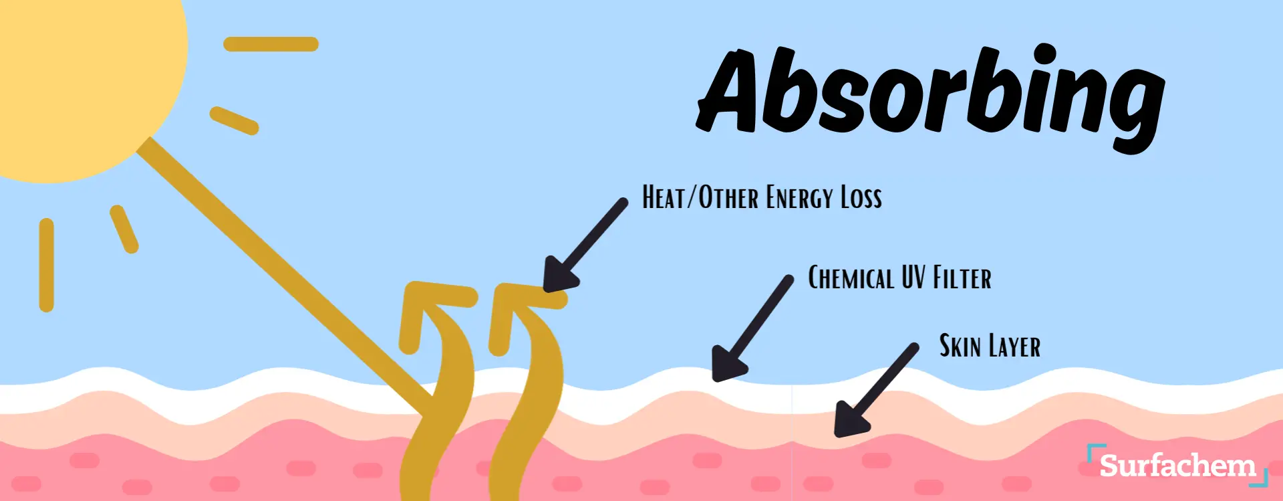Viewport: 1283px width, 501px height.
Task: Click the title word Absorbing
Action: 930,97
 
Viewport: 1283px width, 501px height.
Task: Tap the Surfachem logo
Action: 1177,466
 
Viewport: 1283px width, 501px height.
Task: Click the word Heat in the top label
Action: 666,198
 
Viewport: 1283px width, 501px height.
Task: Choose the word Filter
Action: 962,278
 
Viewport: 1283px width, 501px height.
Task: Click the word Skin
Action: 960,346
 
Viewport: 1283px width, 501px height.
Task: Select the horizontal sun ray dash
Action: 271,44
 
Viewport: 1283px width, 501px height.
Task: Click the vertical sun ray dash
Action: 46,265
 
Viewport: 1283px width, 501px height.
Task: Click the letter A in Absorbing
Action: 730,90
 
